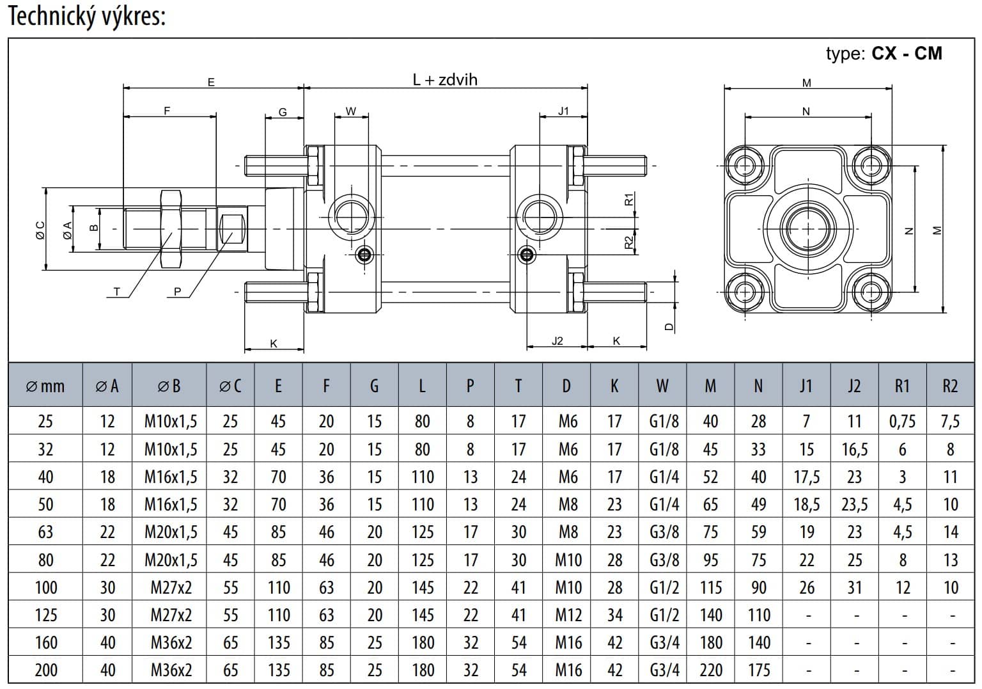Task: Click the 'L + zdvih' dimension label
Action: point(445,80)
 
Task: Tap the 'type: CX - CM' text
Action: point(884,53)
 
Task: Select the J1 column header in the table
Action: point(806,386)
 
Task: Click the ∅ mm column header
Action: point(45,386)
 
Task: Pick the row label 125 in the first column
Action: point(45,615)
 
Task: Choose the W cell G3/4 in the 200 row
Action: point(664,670)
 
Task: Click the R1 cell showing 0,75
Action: point(902,422)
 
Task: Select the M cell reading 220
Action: point(710,670)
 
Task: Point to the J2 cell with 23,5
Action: point(854,504)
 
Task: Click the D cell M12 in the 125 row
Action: point(568,615)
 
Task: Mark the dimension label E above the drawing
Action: point(212,82)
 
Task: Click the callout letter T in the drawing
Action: point(117,292)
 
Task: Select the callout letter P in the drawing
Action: point(178,292)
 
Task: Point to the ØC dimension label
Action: point(40,230)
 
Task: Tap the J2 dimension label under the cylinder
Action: point(557,341)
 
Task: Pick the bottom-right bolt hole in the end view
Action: point(869,292)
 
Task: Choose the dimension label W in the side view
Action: point(351,111)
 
